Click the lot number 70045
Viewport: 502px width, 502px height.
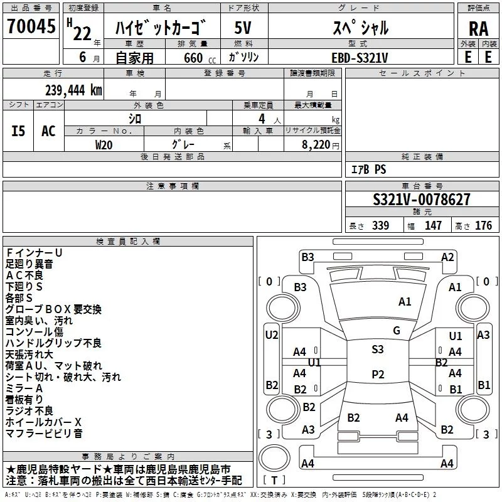[31, 26]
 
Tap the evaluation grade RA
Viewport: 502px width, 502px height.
[478, 29]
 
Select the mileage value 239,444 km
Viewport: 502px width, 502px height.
[73, 90]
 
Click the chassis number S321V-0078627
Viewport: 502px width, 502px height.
[422, 200]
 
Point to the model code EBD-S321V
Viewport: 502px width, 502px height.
[360, 58]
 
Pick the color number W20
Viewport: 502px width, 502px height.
[104, 145]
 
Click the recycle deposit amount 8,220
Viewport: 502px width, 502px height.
[316, 145]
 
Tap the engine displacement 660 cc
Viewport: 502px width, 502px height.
[200, 58]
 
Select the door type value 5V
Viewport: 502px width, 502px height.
[243, 28]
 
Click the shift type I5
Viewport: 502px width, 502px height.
[18, 131]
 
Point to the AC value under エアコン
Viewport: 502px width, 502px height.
[48, 131]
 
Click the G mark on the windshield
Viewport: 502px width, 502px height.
[397, 331]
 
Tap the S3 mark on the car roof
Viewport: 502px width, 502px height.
[378, 349]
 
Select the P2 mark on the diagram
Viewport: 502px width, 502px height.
[378, 374]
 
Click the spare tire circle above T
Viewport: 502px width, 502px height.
[274, 458]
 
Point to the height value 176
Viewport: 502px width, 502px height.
[483, 225]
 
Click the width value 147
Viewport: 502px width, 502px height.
[433, 225]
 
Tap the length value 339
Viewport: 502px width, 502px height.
[380, 225]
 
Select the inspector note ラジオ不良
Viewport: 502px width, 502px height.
[29, 411]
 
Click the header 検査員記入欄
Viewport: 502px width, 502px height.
[128, 242]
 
